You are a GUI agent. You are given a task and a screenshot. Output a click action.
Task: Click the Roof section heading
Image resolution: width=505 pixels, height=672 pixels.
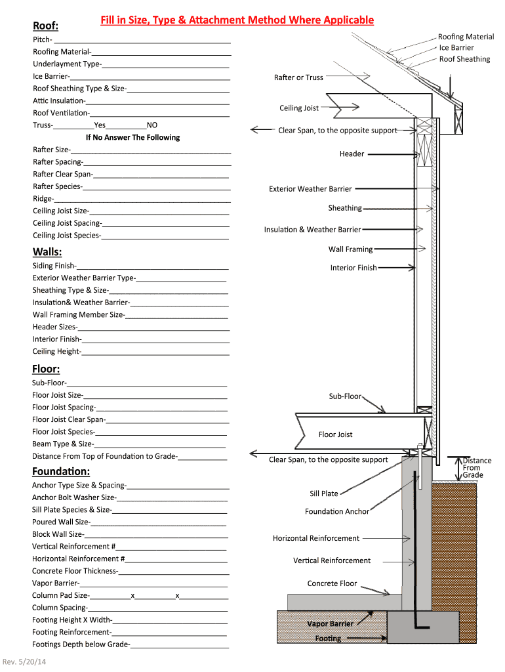(x=46, y=26)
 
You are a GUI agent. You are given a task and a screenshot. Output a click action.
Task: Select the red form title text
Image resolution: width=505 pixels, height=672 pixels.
(x=237, y=20)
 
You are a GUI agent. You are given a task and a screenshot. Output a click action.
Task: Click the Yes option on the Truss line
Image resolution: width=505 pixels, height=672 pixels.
(x=100, y=125)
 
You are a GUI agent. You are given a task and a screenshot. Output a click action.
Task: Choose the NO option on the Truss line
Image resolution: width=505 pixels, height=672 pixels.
(x=152, y=125)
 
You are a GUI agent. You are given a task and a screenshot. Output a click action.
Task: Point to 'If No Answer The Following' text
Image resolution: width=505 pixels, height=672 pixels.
(x=132, y=137)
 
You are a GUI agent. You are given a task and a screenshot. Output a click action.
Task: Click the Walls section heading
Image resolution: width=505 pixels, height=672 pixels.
(x=47, y=252)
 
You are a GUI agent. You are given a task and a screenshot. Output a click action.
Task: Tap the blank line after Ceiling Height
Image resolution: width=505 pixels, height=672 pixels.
(x=156, y=352)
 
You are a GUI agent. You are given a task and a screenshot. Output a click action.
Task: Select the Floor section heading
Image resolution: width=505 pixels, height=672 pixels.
(x=46, y=369)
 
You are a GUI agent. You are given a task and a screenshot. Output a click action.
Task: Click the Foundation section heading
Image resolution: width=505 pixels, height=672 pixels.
(x=61, y=471)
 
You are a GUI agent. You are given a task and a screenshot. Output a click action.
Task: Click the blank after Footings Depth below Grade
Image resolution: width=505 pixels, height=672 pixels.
(x=180, y=644)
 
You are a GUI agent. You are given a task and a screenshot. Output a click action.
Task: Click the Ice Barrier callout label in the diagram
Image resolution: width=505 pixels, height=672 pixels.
(x=456, y=48)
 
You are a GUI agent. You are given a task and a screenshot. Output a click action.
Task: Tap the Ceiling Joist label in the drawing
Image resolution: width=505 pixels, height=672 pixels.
(x=299, y=108)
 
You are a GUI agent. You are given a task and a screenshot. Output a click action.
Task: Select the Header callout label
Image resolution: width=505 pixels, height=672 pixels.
(x=352, y=154)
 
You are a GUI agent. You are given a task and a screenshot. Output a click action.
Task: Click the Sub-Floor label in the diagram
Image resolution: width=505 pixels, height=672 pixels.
(x=345, y=396)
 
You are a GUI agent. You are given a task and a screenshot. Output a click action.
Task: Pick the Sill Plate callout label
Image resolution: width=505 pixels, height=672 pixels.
(x=324, y=493)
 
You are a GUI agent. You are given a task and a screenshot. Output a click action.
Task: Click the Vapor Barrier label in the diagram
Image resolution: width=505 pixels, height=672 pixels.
(x=331, y=623)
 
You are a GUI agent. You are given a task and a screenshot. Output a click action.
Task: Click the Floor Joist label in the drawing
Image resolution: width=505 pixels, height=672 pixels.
(x=336, y=434)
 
